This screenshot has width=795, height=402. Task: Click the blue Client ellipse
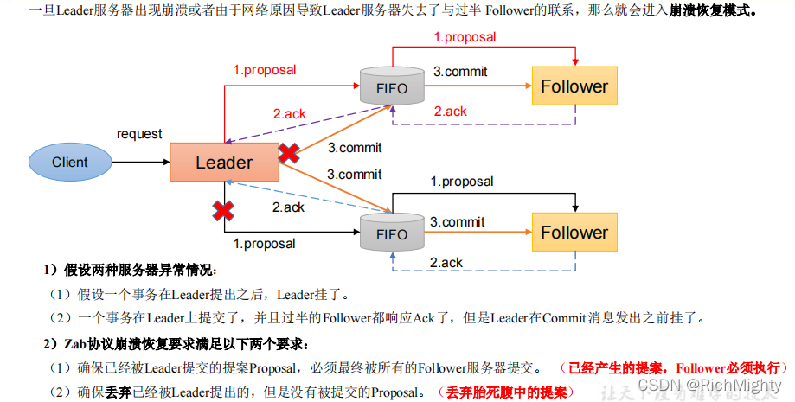pyautogui.click(x=70, y=162)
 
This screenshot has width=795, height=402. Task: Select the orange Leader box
pyautogui.click(x=224, y=162)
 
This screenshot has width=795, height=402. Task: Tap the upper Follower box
pyautogui.click(x=574, y=86)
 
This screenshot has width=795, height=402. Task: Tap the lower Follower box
pyautogui.click(x=574, y=233)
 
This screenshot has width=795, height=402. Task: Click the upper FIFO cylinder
pyautogui.click(x=392, y=87)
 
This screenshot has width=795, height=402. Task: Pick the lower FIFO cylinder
pyautogui.click(x=392, y=233)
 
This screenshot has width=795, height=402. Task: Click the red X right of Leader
pyautogui.click(x=288, y=154)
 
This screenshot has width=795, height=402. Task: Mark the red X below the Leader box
pyautogui.click(x=224, y=210)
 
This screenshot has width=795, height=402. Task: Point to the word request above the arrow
pyautogui.click(x=139, y=134)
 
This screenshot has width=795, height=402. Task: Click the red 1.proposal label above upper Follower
pyautogui.click(x=465, y=37)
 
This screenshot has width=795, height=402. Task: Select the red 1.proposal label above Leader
pyautogui.click(x=264, y=70)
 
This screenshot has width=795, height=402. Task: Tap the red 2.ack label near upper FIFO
pyautogui.click(x=289, y=113)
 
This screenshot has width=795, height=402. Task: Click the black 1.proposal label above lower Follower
pyautogui.click(x=462, y=182)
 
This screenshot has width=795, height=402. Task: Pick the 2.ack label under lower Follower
pyautogui.click(x=446, y=263)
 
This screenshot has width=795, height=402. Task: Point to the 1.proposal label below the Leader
pyautogui.click(x=264, y=244)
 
